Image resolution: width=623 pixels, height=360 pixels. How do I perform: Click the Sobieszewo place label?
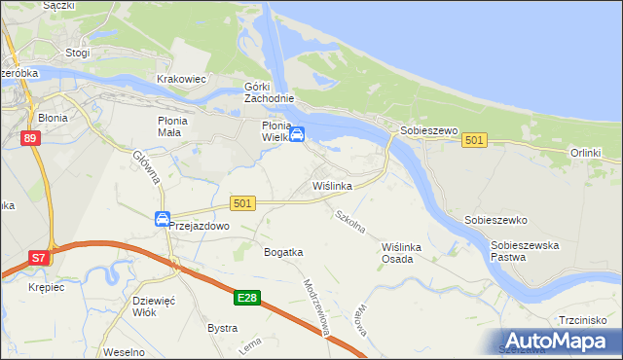[424, 129]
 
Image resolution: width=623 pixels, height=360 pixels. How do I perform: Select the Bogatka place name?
[283, 252]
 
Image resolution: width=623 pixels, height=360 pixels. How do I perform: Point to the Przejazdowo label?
[199, 225]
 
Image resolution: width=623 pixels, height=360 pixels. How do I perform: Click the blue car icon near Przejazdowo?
[162, 219]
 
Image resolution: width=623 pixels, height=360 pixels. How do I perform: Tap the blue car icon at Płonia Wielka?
[299, 134]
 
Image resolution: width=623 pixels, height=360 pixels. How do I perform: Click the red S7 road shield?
[38, 258]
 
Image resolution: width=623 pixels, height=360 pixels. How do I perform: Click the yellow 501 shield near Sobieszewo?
[474, 141]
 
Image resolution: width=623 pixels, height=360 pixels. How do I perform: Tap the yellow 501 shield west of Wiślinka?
[243, 202]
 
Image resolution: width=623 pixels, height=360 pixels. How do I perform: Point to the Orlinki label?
[586, 154]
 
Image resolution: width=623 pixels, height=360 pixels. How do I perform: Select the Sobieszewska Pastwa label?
[525, 252]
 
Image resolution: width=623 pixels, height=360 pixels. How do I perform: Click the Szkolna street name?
[348, 222]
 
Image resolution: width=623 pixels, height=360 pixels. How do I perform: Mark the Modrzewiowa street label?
[316, 306]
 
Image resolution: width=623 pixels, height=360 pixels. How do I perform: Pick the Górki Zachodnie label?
[269, 93]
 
